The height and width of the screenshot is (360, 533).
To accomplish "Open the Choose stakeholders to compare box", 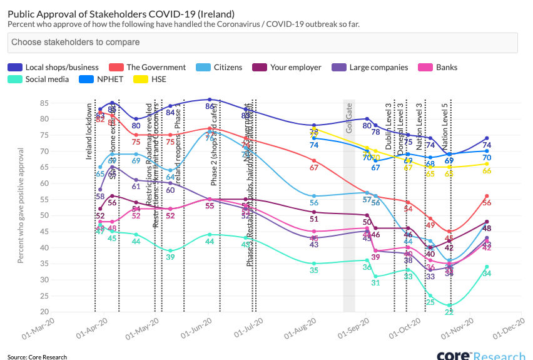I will pos(263,43).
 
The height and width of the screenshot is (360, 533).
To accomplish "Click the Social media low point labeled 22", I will pos(449,312).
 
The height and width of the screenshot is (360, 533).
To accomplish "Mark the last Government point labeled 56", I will pos(486,203).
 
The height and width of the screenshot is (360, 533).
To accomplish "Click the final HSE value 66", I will pos(486,171).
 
